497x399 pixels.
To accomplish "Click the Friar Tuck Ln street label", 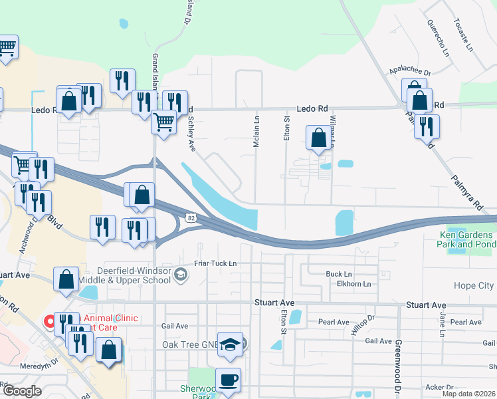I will [x=215, y=263].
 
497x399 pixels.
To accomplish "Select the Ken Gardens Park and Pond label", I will [x=466, y=239].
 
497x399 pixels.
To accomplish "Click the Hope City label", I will [x=474, y=285].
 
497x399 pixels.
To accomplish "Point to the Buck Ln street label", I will [x=338, y=274].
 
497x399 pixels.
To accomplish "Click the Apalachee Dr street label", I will [x=410, y=73].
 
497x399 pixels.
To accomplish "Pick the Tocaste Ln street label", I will [x=463, y=36].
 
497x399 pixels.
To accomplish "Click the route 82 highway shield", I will [x=191, y=217].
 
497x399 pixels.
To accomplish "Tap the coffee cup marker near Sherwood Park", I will [x=228, y=380].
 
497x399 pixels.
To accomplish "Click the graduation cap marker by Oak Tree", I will [x=230, y=344].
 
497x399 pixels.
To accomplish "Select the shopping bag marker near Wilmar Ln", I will [x=319, y=138].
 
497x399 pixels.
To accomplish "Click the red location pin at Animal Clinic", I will [x=49, y=322].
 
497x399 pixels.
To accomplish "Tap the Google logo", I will [x=21, y=392].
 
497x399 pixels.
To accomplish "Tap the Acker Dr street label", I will [x=441, y=387].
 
